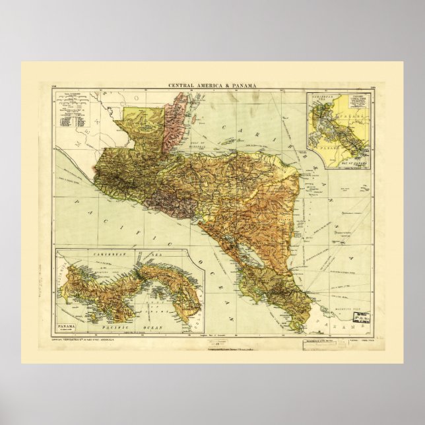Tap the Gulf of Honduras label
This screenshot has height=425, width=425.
[x=198, y=135]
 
